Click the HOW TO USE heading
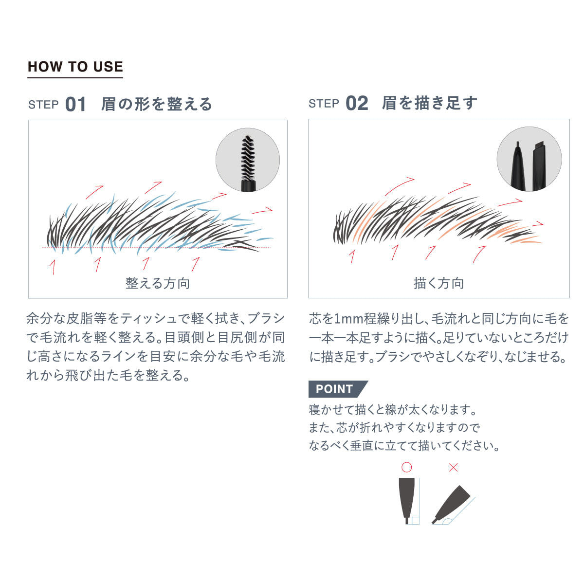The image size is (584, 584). pyautogui.click(x=75, y=66)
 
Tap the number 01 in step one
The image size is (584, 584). pyautogui.click(x=75, y=104)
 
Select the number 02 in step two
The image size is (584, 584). pyautogui.click(x=357, y=103)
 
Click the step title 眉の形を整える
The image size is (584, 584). pyautogui.click(x=157, y=104)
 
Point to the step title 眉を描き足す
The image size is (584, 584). pyautogui.click(x=429, y=103)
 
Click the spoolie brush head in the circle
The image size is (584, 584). pyautogui.click(x=248, y=158)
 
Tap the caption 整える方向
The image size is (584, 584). pyautogui.click(x=158, y=283)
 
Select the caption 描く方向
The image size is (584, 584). pyautogui.click(x=438, y=283)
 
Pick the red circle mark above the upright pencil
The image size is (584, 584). pyautogui.click(x=406, y=467)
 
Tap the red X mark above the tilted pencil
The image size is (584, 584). pyautogui.click(x=453, y=468)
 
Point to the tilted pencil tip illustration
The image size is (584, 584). pyautogui.click(x=451, y=505)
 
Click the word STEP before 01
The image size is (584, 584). pyautogui.click(x=43, y=105)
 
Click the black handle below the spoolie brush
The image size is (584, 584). pyautogui.click(x=248, y=186)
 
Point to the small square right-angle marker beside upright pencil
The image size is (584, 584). pyautogui.click(x=416, y=521)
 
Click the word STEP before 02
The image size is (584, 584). pyautogui.click(x=324, y=104)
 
